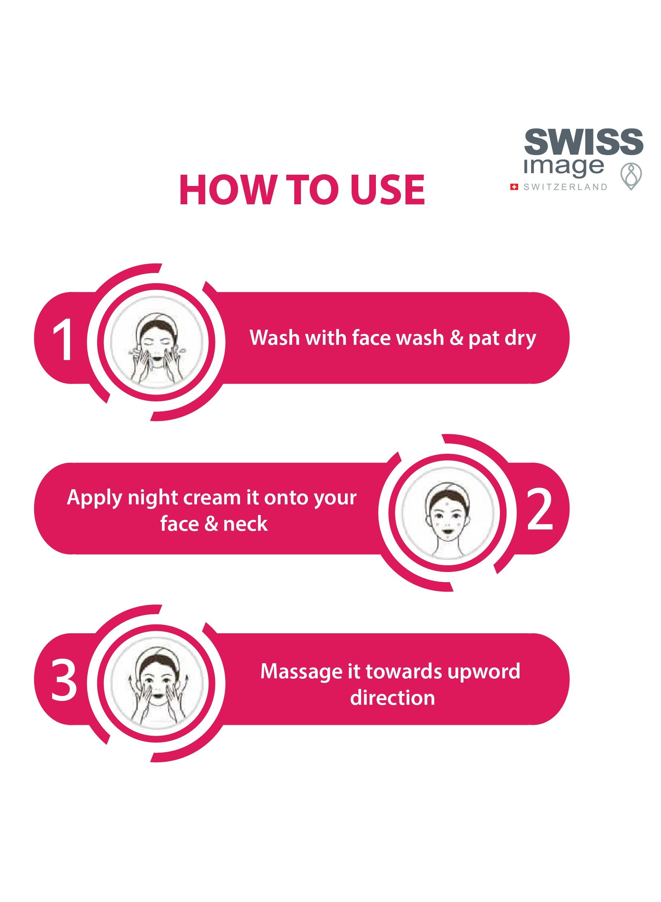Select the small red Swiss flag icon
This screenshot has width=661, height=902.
click(x=514, y=187)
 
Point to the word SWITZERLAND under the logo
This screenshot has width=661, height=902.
click(x=565, y=187)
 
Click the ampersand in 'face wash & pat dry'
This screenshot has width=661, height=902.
click(x=457, y=338)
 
